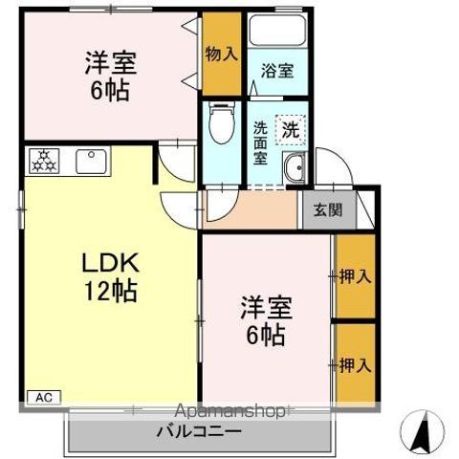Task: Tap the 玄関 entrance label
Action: pos(316,209)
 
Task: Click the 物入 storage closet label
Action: pos(221,53)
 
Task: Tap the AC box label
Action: pos(43,396)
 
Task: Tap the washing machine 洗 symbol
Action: pos(288,128)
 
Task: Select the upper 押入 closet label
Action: pos(355,276)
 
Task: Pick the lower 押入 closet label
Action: pos(355,365)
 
